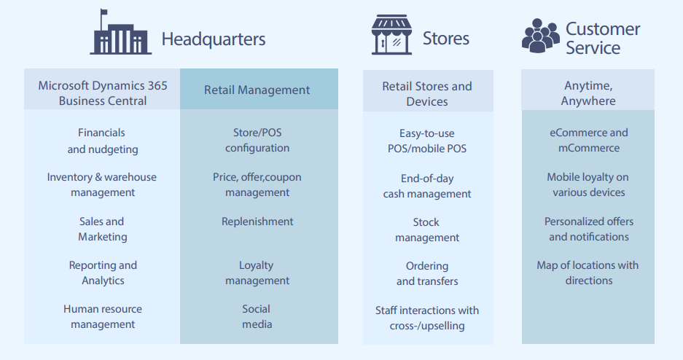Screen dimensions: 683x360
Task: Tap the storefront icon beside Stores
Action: [391, 35]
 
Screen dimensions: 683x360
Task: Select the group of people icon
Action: [541, 36]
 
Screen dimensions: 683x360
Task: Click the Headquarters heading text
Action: [214, 39]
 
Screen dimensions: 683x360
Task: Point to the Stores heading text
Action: [446, 39]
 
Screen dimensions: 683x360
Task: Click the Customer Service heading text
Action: [603, 39]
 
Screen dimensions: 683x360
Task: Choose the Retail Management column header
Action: [257, 90]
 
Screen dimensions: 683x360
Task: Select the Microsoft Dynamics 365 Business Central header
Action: [103, 93]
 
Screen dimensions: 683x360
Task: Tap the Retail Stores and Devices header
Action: [427, 93]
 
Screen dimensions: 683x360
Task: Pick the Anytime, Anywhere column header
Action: [588, 93]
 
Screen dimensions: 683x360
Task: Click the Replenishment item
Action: [257, 222]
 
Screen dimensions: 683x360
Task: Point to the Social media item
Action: [257, 316]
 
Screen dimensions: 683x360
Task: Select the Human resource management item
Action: [103, 316]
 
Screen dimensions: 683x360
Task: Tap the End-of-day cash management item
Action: [427, 186]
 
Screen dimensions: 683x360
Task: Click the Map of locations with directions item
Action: [588, 273]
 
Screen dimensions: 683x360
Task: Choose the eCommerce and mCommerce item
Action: [589, 140]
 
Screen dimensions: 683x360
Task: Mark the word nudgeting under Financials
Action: [113, 149]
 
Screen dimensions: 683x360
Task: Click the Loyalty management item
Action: [257, 273]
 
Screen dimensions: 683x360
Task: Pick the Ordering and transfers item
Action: [427, 273]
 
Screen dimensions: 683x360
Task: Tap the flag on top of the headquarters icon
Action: [104, 12]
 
